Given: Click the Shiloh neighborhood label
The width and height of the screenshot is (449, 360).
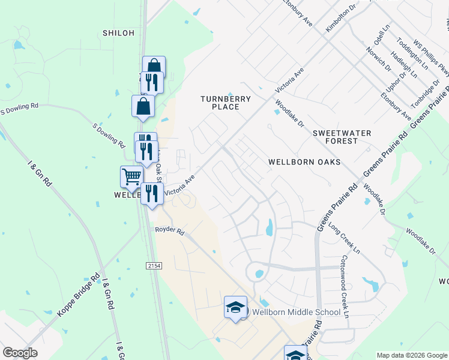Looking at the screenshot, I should [118, 33].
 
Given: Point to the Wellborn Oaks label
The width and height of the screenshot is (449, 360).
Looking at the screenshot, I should [304, 162].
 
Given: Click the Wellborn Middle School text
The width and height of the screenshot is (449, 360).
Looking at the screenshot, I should [297, 312].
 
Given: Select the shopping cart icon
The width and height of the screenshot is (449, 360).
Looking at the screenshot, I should [131, 176].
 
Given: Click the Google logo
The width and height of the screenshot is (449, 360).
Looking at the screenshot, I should [20, 353].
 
